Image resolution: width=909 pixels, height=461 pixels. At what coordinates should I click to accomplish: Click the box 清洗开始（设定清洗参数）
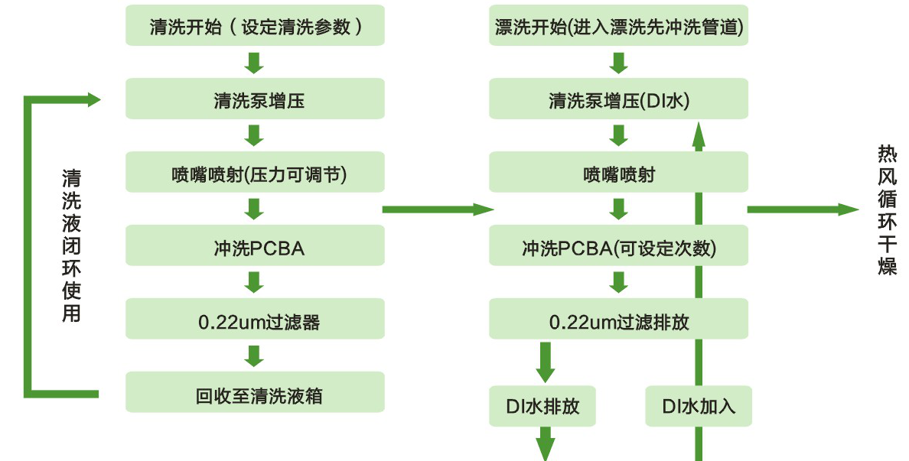point(255,27)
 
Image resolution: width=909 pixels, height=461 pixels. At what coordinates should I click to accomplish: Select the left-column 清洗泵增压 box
point(255,100)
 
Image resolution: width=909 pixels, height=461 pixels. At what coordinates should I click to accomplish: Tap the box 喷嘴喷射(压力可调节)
point(255,174)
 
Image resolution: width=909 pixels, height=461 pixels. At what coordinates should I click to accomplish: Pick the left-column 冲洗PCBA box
point(255,247)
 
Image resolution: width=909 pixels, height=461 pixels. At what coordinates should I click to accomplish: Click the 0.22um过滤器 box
point(255,321)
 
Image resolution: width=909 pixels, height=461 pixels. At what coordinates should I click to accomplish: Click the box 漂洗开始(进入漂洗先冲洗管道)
point(618,27)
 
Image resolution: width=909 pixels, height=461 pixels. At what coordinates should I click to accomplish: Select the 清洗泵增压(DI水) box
point(618,100)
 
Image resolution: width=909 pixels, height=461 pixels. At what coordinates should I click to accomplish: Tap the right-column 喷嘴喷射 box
point(618,174)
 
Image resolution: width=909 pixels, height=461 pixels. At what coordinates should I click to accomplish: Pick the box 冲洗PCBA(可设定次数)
point(618,247)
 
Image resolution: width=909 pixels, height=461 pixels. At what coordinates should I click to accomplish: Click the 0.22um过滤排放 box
point(618,321)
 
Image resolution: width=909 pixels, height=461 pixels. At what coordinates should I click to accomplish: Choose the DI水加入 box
point(699,406)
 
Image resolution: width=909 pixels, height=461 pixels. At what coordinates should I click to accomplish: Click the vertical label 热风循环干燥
point(887,210)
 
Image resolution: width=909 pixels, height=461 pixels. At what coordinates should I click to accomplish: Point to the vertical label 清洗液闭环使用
point(70,245)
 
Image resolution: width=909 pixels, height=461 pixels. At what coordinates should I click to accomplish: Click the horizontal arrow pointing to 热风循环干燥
point(803,209)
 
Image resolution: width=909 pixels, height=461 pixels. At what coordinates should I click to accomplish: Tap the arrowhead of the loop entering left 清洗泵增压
point(93,99)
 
